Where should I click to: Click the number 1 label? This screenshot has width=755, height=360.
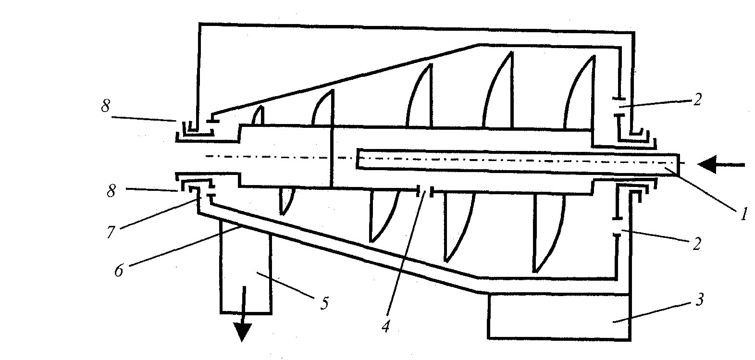pos(743,213)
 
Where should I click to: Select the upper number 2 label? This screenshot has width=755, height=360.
pos(697,99)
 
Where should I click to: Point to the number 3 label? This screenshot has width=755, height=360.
pos(700,300)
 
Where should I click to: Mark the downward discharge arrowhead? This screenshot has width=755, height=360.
pos(242,332)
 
